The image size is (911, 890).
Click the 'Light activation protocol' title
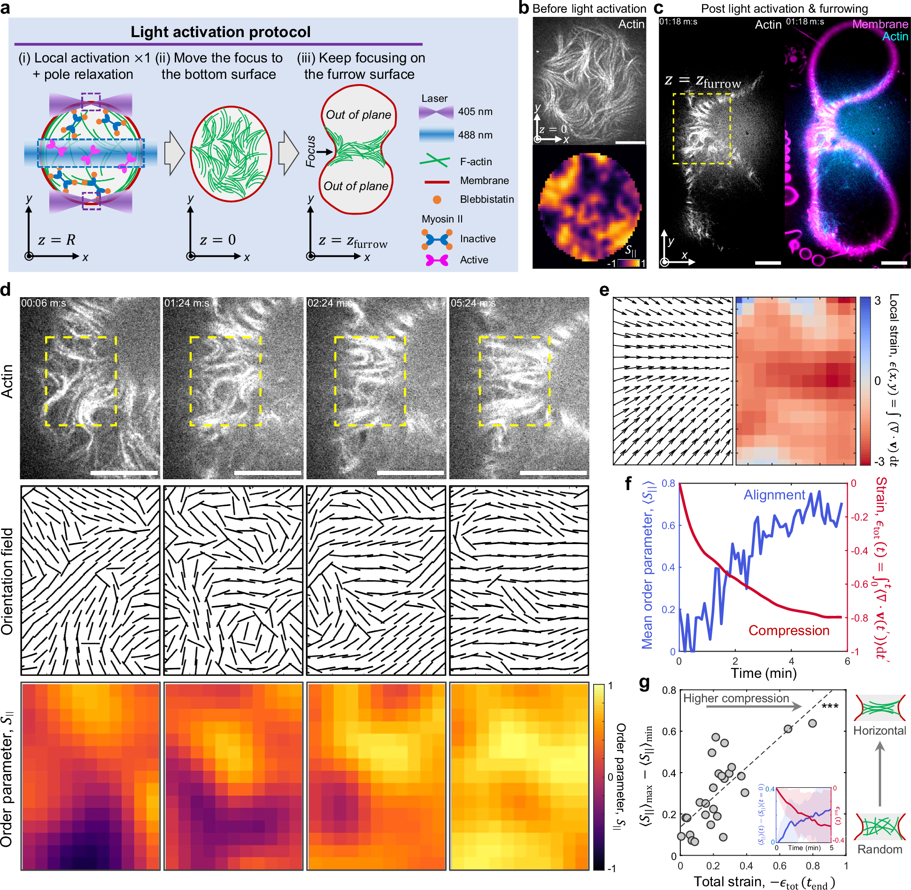click(x=220, y=32)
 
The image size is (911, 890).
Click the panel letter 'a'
click(x=6, y=8)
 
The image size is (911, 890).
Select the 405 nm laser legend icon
click(x=436, y=112)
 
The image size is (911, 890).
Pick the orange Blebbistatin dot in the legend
click(x=437, y=199)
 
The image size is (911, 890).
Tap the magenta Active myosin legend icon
click(x=437, y=260)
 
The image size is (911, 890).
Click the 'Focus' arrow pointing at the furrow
click(x=324, y=152)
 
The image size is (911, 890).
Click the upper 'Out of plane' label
click(x=358, y=115)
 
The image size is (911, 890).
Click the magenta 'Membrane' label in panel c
click(x=880, y=24)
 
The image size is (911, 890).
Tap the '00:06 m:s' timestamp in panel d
click(x=44, y=303)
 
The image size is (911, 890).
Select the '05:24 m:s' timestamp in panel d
click(x=473, y=303)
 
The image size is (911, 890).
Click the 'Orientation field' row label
click(x=8, y=581)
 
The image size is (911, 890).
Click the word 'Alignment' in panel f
click(x=774, y=495)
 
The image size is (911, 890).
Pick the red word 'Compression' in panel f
click(x=789, y=630)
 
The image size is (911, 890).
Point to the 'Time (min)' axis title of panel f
click(x=764, y=673)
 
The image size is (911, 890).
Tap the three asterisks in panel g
click(x=830, y=707)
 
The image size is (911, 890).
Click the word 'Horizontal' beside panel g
click(x=880, y=731)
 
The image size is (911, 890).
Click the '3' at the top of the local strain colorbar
click(x=877, y=301)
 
